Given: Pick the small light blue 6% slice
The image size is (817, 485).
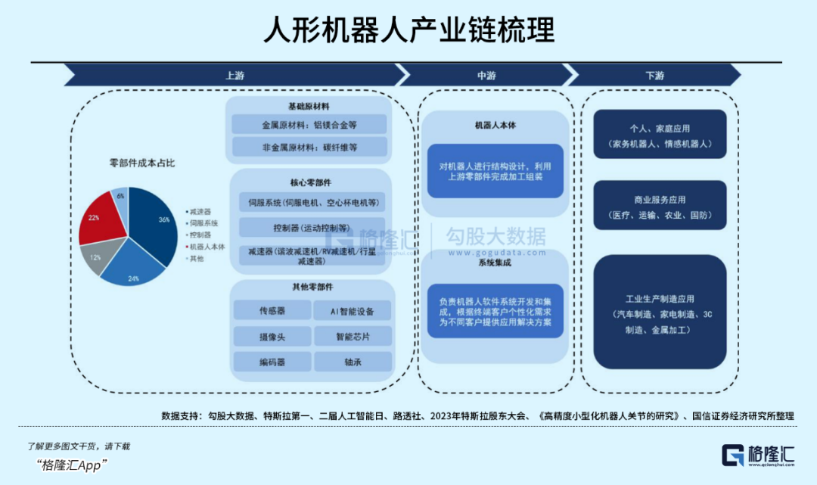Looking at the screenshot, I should pyautogui.click(x=120, y=197).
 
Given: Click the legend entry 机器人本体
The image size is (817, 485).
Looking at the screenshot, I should pyautogui.click(x=206, y=246).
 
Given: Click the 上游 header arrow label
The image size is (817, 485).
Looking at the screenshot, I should pyautogui.click(x=235, y=76).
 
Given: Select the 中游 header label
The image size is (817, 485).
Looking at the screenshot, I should pyautogui.click(x=486, y=76).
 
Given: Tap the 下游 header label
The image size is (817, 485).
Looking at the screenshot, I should pyautogui.click(x=655, y=76).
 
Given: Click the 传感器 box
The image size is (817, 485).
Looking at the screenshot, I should pyautogui.click(x=272, y=311).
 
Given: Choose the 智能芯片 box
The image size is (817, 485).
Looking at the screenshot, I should pyautogui.click(x=353, y=336).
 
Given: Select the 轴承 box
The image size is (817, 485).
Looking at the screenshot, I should pyautogui.click(x=353, y=362).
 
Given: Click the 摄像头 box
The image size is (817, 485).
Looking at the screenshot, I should pyautogui.click(x=272, y=336).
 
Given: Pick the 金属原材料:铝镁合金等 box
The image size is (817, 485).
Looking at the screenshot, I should pyautogui.click(x=309, y=125).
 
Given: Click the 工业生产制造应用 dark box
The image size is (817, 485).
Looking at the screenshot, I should pyautogui.click(x=660, y=312).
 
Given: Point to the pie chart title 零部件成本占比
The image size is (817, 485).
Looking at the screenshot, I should pyautogui.click(x=143, y=163).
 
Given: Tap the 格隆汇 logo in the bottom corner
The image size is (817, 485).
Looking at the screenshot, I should pyautogui.click(x=756, y=455).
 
